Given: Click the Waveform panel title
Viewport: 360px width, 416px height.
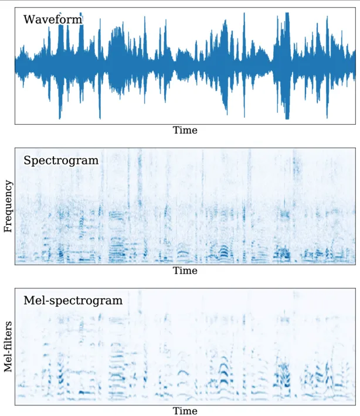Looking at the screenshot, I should (x=53, y=20).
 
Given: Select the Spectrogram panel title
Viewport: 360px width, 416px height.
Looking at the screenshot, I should (x=61, y=160).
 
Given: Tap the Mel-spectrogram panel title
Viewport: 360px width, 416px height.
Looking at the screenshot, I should (x=73, y=301).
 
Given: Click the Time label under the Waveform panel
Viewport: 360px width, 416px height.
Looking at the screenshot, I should (x=185, y=130).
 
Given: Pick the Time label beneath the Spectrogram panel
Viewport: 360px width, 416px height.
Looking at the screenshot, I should (x=185, y=271).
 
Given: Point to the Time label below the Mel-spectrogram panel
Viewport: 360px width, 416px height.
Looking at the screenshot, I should (x=185, y=411).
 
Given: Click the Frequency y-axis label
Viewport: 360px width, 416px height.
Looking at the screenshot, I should (x=8, y=206).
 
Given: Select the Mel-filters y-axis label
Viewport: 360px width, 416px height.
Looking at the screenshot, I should (x=8, y=346).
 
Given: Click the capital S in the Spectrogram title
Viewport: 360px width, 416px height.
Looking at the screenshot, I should (x=27, y=160).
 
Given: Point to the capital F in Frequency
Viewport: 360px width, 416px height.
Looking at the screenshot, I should (x=8, y=229).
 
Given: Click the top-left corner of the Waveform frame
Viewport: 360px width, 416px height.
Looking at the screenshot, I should (x=15, y=8).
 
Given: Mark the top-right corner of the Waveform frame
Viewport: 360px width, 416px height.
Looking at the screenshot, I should (x=355, y=8).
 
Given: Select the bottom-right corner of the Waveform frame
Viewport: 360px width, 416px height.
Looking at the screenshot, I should (x=355, y=124).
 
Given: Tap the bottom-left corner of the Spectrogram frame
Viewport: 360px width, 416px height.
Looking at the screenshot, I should (x=15, y=264).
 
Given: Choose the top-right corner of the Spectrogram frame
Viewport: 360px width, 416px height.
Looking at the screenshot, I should (x=355, y=148).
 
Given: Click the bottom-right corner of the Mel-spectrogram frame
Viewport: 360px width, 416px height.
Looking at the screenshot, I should (x=355, y=404).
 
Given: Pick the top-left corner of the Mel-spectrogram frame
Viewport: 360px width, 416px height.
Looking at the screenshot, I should (x=15, y=289).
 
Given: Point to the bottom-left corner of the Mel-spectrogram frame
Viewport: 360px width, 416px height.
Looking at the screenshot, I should (x=15, y=404).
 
